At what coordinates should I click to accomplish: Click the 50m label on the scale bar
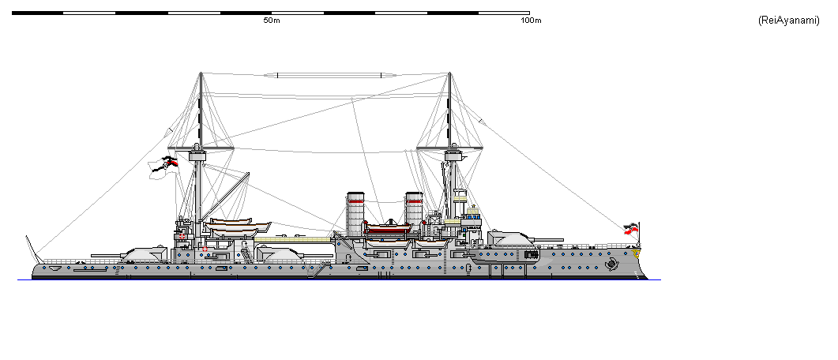[271, 21]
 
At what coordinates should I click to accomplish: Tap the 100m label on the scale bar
[531, 21]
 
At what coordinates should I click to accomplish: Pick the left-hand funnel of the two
[355, 211]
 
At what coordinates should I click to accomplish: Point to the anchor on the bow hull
[611, 265]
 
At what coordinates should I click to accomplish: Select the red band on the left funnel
[355, 201]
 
